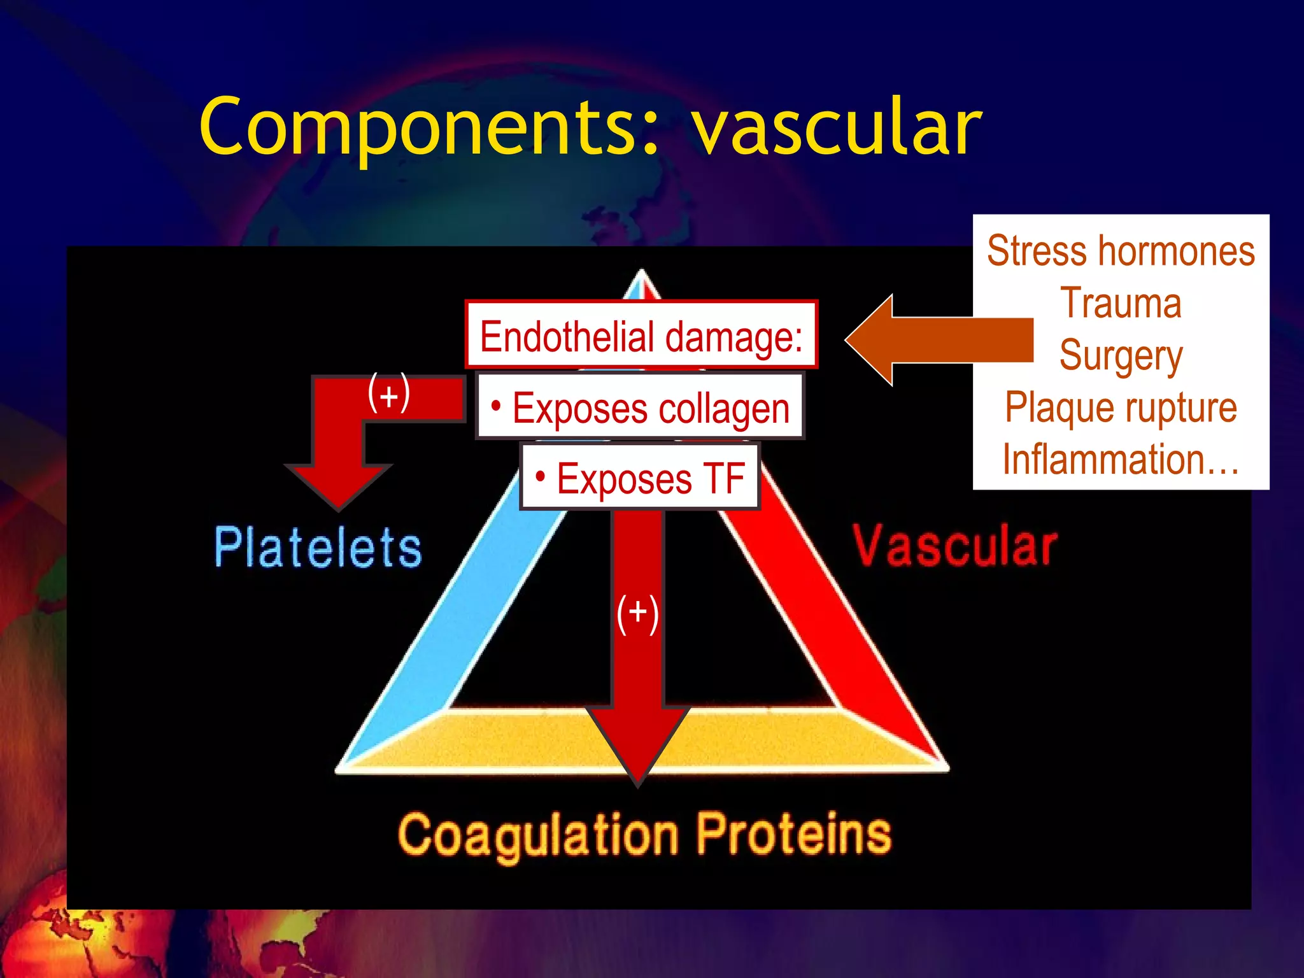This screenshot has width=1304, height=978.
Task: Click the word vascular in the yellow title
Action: pos(837,127)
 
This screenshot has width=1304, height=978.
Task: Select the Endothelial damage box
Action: pos(641,336)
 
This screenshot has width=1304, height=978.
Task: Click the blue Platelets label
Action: pos(318,547)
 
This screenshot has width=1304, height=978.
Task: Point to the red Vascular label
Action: pos(955,546)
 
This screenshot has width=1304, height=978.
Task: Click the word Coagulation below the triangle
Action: pos(538,835)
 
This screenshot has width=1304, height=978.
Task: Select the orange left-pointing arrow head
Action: pos(872,340)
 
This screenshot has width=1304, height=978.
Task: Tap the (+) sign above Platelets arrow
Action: pos(388,394)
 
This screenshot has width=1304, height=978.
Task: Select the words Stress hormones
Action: pos(1121,251)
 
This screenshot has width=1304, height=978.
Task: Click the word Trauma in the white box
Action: pos(1121,303)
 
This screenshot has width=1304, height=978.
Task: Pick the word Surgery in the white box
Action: pos(1121,355)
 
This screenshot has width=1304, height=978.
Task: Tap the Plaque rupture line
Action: pos(1121,407)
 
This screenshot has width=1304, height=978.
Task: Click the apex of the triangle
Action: pos(641,274)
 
